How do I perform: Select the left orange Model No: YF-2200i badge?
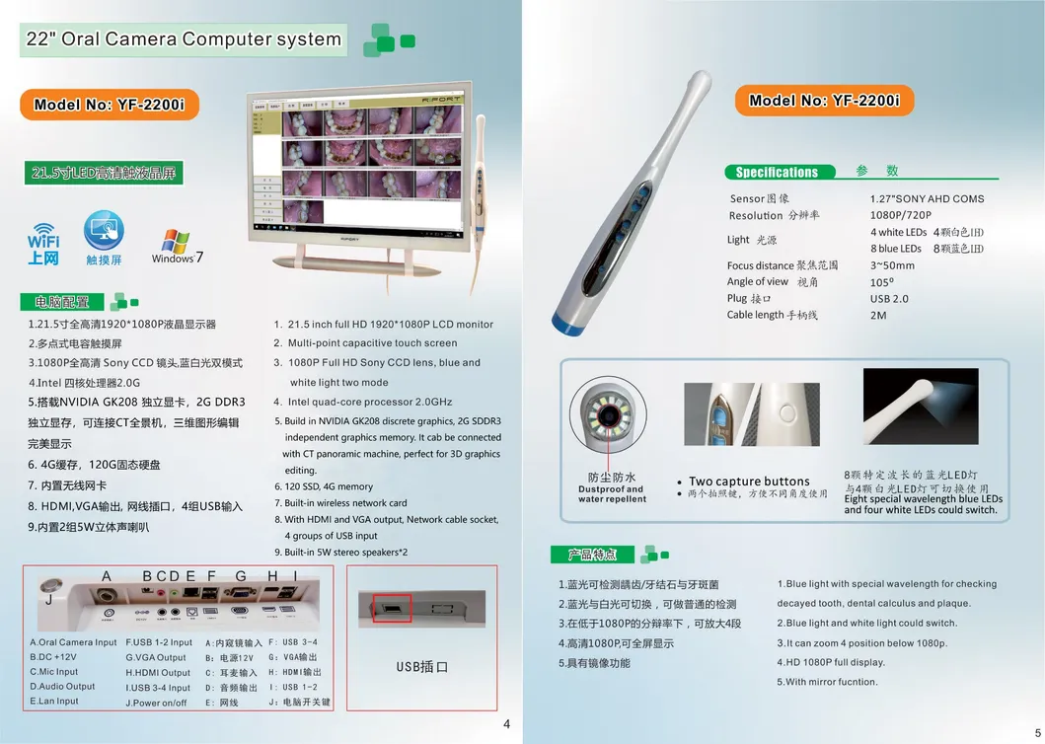pos(108,105)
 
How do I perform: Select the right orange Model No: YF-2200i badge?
pos(824,101)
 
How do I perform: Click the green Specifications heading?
pos(777,172)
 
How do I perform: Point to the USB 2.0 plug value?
pos(889,298)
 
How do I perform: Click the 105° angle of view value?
pos(884,282)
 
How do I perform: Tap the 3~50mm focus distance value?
pos(892,265)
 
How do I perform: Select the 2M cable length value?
pos(878,315)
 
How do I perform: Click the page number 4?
pos(507,724)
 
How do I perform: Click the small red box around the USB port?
pos(391,608)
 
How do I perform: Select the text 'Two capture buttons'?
pos(749,482)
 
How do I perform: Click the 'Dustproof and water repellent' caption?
pos(612,493)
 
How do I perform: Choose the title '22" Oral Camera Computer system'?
pos(182,40)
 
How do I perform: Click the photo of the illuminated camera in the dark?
pos(920,406)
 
